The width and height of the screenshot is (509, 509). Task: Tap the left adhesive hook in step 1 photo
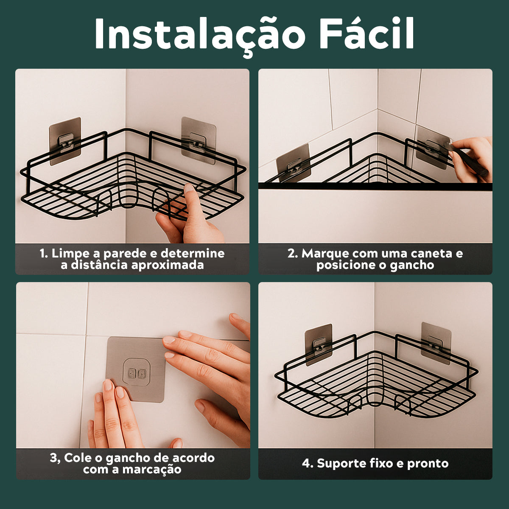[65, 141]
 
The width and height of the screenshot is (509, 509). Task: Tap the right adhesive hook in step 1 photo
[199, 140]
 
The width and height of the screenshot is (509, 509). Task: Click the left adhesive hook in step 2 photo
[293, 163]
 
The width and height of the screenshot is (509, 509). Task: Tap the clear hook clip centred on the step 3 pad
[136, 373]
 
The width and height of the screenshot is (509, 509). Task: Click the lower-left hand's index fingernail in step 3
[108, 385]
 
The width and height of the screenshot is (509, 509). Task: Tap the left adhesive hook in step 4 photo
[319, 345]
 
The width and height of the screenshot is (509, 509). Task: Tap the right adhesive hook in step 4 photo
[436, 343]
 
